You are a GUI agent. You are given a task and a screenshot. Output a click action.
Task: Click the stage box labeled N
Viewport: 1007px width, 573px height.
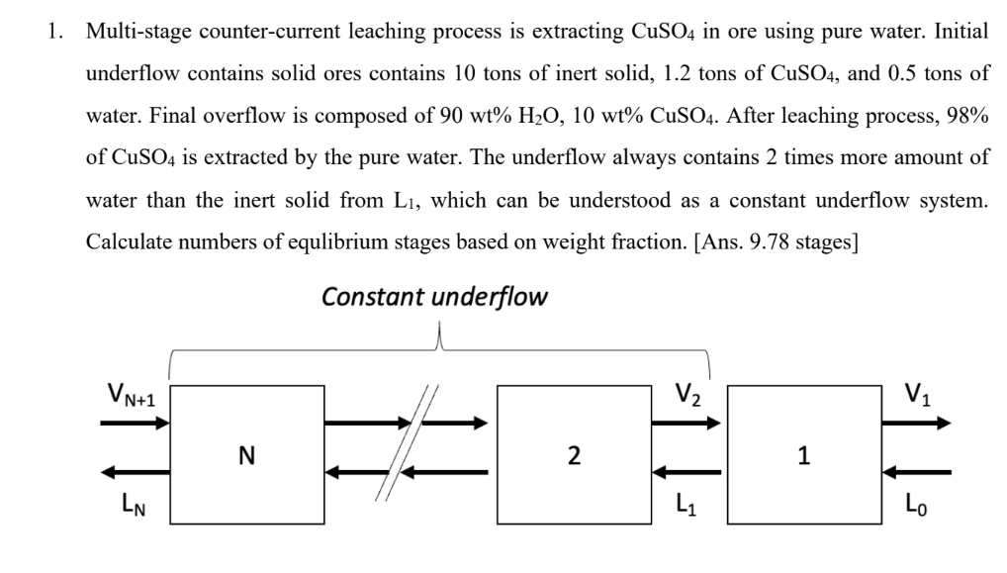pyautogui.click(x=247, y=454)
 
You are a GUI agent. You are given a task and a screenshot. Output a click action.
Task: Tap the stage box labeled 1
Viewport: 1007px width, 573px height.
pyautogui.click(x=803, y=454)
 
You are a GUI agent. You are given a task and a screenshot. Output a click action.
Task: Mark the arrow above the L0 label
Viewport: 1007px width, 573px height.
pyautogui.click(x=917, y=472)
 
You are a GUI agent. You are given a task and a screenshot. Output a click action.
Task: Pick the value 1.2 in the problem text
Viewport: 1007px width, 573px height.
pyautogui.click(x=679, y=73)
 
